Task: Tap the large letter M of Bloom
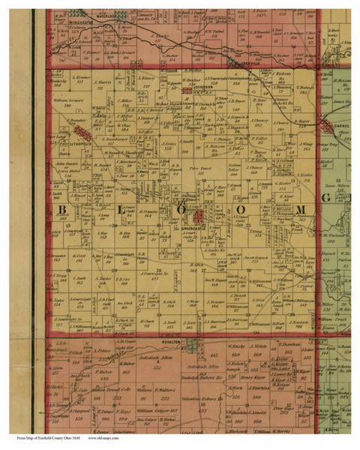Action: click(x=299, y=208)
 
